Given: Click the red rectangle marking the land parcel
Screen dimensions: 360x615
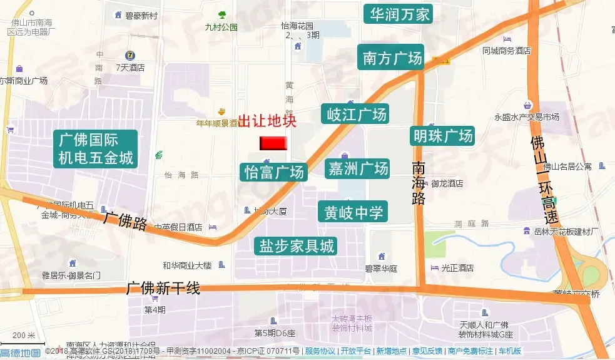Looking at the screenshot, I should point(273,143).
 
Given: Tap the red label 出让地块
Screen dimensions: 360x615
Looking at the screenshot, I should point(267,121).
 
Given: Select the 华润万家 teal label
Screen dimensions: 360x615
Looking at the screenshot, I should point(399,14).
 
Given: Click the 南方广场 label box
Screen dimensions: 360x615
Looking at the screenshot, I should point(392,58).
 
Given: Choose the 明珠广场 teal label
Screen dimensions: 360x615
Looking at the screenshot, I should point(442,135).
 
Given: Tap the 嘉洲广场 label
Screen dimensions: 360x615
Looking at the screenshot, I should point(358,168).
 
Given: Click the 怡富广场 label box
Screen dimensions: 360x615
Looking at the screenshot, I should point(274,172).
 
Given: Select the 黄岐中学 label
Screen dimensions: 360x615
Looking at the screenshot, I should point(353,212).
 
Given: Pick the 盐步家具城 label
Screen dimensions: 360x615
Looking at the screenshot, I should point(297,246).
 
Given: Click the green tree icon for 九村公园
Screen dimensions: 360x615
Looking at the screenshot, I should point(221,15).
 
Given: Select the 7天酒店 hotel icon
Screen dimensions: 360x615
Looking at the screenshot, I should point(130,55).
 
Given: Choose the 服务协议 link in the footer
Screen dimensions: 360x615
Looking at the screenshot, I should point(319,351).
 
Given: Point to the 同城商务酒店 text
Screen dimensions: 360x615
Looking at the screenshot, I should point(506,51).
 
